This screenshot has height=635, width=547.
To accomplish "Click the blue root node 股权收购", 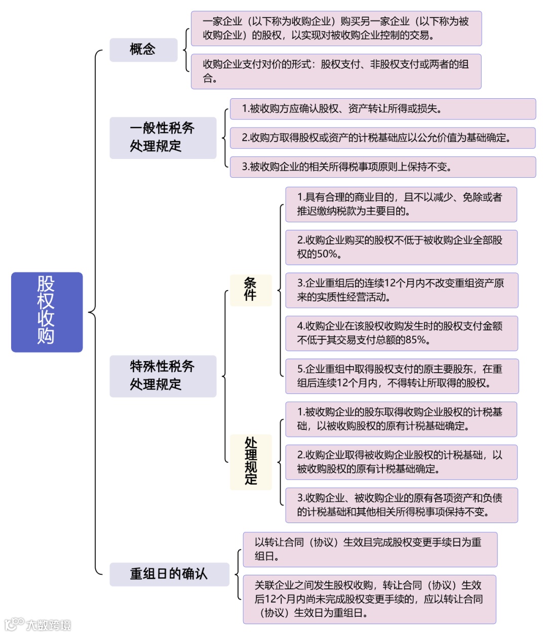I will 47,312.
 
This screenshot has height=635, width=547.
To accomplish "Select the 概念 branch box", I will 143,50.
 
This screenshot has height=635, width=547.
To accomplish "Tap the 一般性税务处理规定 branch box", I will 163,138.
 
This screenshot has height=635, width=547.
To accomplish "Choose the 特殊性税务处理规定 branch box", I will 163,376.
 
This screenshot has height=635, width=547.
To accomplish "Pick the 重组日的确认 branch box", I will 169,574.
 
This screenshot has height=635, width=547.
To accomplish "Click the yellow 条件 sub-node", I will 250,290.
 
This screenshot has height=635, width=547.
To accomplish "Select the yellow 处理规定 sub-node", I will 251,462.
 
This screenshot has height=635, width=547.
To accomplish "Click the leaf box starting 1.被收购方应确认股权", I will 382,109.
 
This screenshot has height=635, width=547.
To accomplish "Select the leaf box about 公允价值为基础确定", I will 382,138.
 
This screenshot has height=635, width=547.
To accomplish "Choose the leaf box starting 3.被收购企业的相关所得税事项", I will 382,167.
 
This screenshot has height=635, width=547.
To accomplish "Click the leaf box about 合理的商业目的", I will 401,205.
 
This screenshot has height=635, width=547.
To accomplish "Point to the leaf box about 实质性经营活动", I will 401,290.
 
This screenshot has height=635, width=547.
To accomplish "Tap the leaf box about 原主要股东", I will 401,376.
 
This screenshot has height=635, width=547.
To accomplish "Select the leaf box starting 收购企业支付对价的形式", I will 336,71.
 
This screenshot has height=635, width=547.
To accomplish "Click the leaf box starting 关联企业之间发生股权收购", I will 369,599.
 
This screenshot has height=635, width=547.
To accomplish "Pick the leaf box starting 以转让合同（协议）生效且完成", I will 369,549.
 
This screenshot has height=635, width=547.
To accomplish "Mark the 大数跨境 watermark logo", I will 38,624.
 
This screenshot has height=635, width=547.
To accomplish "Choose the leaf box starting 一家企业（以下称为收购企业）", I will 336,28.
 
